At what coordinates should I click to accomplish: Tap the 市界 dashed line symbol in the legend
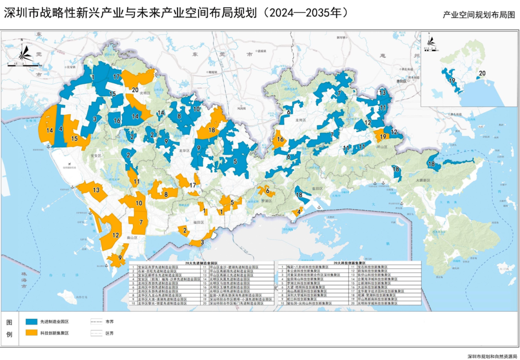97,321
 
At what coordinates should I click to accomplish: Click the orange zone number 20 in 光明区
135,90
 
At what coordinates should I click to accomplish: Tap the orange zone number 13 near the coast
96,190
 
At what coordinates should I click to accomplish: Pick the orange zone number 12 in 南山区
116,235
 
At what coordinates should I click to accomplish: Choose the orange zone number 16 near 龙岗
280,140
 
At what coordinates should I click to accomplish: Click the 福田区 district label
199,223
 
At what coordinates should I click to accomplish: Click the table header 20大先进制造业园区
205,263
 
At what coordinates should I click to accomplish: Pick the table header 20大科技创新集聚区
349,263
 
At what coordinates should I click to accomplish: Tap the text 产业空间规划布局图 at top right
479,15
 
